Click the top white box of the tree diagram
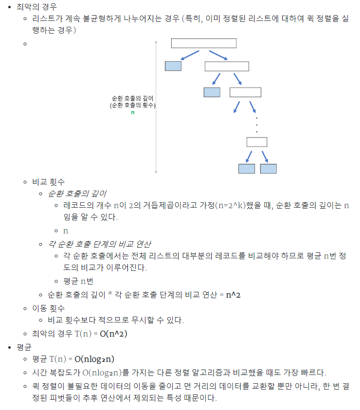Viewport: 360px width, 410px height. tap(203, 43)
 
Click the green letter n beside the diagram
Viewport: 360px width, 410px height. tap(132, 112)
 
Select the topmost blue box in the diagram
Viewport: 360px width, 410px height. tap(173, 66)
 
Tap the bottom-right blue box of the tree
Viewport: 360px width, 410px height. tap(268, 169)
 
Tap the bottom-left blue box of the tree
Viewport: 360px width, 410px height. tap(247, 169)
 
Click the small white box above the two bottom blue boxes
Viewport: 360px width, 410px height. tap(256, 142)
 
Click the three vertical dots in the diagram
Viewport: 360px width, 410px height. tap(256, 125)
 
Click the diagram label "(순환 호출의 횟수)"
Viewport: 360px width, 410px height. tap(133, 105)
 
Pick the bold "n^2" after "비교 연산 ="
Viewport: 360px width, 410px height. tap(234, 295)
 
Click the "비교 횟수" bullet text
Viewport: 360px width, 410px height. tap(48, 182)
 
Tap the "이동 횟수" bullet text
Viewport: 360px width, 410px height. tap(48, 308)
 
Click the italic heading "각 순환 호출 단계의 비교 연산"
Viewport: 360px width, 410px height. tap(102, 243)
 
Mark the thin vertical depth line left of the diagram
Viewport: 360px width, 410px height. tap(156, 107)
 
